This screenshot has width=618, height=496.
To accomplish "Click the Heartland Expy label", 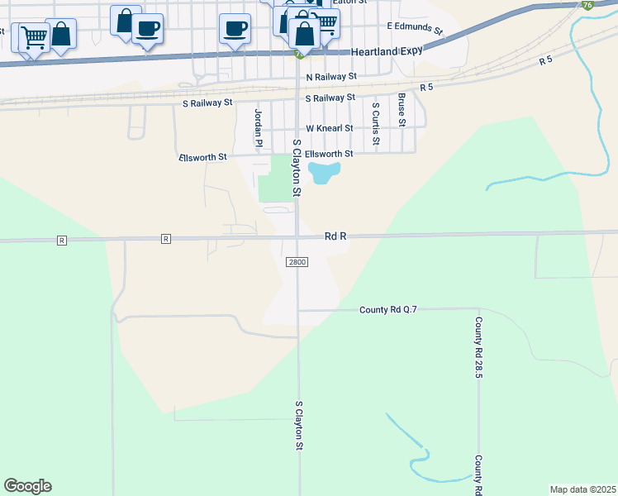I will pos(387,51).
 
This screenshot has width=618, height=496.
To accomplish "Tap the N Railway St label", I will pos(330,76).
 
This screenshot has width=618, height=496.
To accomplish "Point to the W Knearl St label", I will pos(329,128).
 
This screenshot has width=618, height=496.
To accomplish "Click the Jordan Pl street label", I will pos(258,128).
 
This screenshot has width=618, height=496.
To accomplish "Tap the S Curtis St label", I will pos(375,123).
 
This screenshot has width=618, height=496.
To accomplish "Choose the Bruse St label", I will pos(402,109).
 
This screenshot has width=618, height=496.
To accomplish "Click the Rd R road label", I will pos(335,236).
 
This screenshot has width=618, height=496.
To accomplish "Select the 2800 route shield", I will pos(297,262).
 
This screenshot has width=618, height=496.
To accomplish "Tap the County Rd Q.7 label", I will pos(388,310).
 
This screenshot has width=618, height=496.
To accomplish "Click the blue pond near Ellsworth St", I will pos(324,173).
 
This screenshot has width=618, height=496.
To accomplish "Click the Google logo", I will pos(27,486).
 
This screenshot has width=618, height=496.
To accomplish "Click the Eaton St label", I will pos(349,2).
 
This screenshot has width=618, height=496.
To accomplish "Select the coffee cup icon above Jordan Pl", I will pos(235,28).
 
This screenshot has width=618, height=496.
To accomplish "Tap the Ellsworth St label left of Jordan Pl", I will pos(202,157).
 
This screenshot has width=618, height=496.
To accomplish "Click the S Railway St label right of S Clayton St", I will pos(330,98).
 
